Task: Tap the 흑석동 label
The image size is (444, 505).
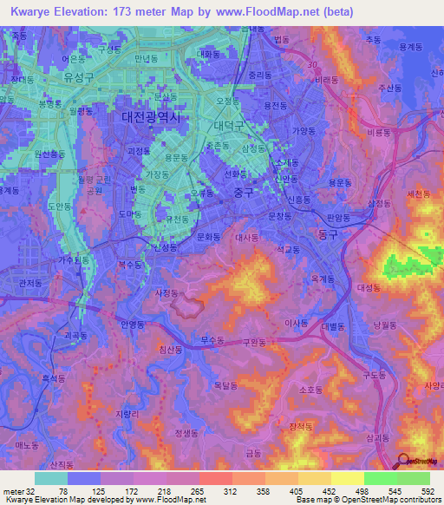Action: [55, 378]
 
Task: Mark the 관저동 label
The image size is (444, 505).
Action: [30, 282]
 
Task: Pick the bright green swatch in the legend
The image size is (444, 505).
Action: [381, 478]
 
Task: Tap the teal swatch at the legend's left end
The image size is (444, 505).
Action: [51, 478]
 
